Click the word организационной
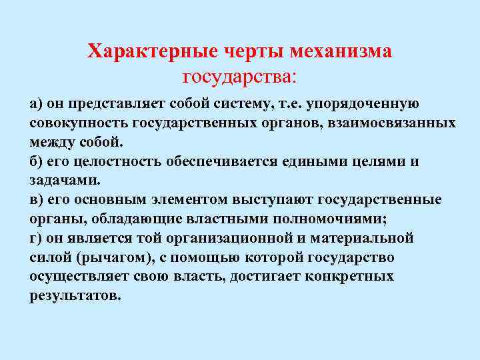243,238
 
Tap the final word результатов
75,295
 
